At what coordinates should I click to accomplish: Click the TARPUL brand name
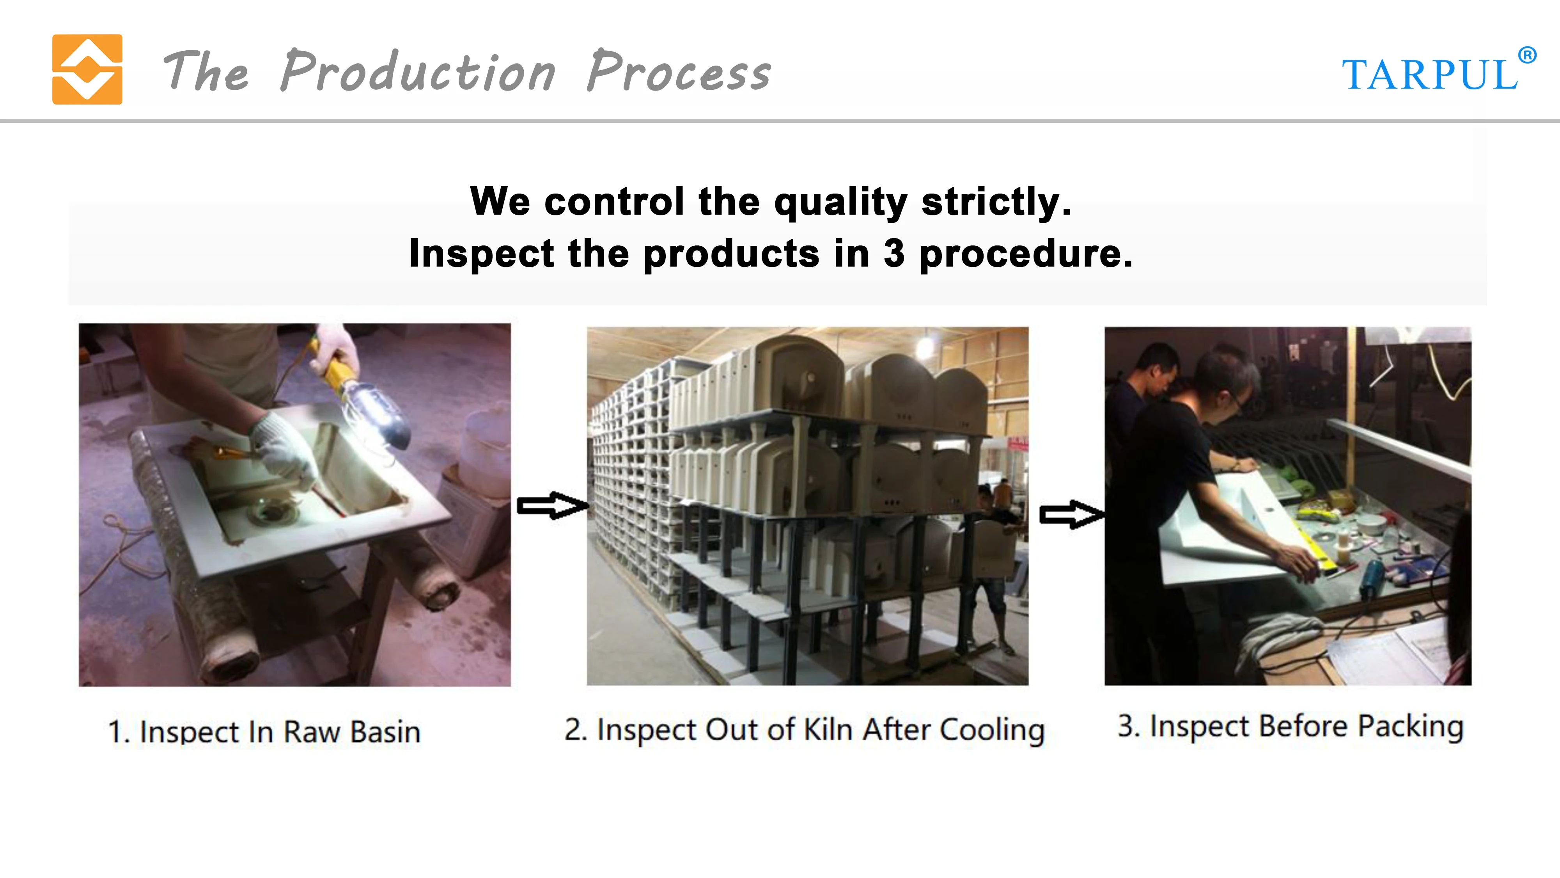coord(1430,75)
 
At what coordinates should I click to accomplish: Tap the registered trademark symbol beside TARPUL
coord(1527,55)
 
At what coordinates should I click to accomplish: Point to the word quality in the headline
coord(840,203)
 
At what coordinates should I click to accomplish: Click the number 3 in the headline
coord(894,253)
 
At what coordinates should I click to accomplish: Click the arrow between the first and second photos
coord(552,505)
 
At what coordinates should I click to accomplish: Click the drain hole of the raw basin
coord(276,514)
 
